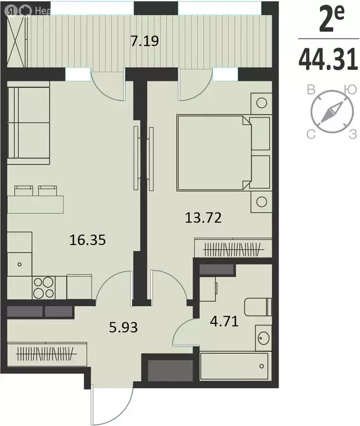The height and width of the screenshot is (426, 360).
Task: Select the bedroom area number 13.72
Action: [x=203, y=217]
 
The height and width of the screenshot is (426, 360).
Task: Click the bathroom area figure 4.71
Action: [x=224, y=322]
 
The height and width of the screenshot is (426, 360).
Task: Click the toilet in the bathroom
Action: [x=258, y=307]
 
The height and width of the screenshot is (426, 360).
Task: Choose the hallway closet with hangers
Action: [x=47, y=353]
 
